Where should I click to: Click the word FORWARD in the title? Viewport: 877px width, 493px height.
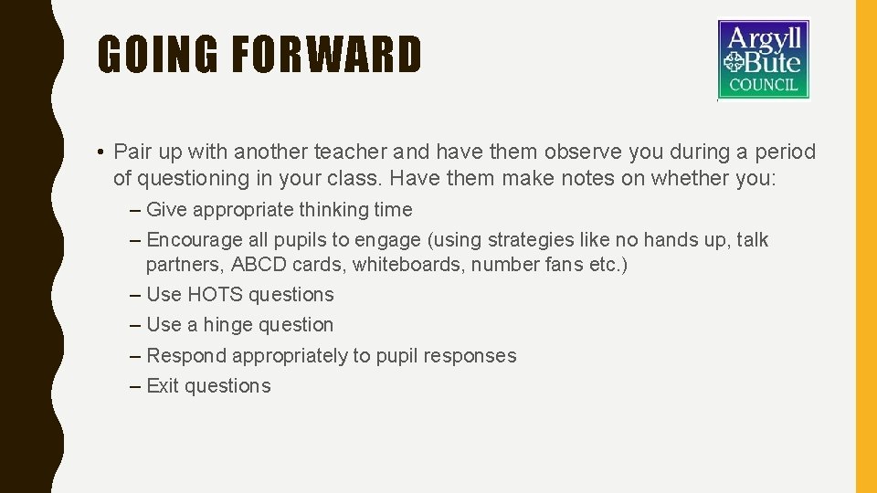coord(326,55)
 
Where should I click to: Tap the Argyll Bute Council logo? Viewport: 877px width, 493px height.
coord(763,59)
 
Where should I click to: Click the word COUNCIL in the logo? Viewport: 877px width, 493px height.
coord(764,86)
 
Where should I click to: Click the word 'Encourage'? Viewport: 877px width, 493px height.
coord(195,240)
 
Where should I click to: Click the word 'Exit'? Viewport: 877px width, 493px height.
coord(163,386)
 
